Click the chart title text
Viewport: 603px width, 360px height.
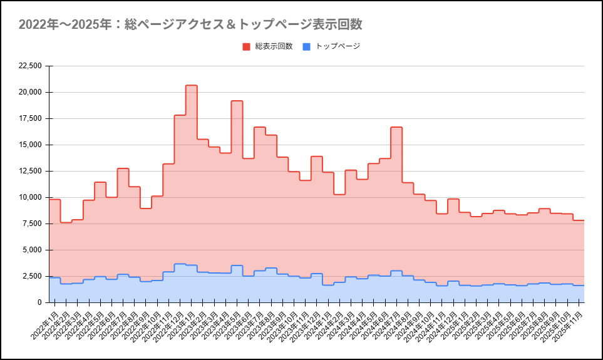190,24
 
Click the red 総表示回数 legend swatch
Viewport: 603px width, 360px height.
246,46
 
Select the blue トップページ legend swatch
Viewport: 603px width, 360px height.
306,46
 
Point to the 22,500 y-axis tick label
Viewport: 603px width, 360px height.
30,66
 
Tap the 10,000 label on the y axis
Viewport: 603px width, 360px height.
30,197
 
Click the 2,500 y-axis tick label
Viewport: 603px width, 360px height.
32,276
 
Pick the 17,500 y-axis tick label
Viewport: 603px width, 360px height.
30,118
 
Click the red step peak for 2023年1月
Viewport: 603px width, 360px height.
191,86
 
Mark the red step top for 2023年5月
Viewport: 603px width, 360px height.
237,101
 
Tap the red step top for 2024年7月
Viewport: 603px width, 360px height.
396,127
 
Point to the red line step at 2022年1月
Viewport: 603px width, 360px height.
54,200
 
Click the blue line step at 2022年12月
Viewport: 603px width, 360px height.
180,264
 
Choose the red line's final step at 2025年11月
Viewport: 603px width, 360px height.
579,220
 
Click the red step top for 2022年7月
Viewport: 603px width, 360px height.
123,168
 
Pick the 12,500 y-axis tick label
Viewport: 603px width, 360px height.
30,171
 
